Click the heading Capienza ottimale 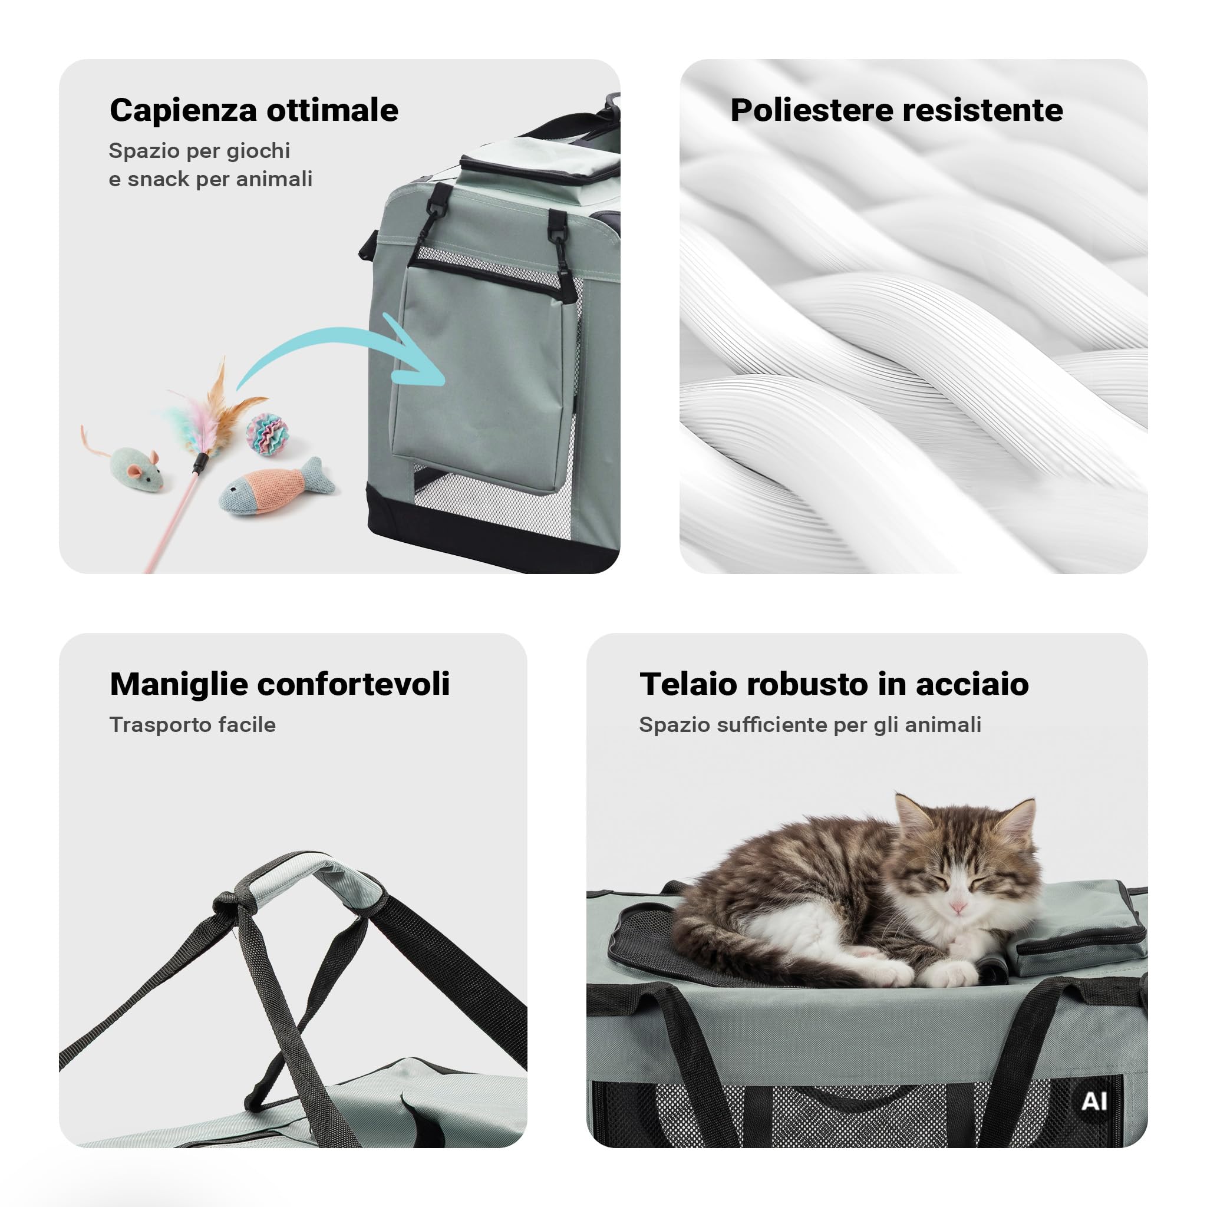(x=253, y=111)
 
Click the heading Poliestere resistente (x=896, y=111)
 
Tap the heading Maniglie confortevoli (x=280, y=684)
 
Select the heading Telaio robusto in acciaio (x=834, y=684)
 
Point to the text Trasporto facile (x=192, y=725)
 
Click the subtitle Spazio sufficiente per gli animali (x=810, y=725)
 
